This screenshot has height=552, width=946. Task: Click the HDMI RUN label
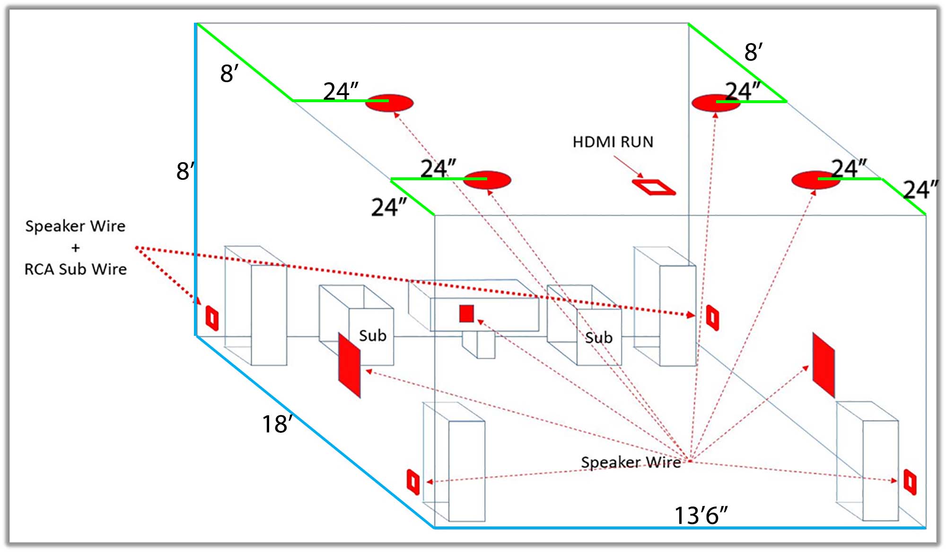click(x=613, y=142)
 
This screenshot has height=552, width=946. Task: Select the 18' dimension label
click(x=278, y=424)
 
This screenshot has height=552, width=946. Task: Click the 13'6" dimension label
click(x=701, y=515)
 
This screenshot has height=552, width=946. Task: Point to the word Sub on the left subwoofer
click(x=373, y=335)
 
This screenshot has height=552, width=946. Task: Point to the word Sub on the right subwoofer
click(x=599, y=337)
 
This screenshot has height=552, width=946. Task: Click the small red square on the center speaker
click(x=466, y=313)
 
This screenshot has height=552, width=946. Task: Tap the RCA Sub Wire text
click(x=76, y=269)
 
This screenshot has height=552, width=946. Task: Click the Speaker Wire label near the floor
click(x=631, y=462)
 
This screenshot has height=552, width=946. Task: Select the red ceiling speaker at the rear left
click(x=389, y=103)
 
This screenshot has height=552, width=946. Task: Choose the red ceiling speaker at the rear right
click(x=716, y=103)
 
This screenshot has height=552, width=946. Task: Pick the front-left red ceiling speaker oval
click(x=487, y=180)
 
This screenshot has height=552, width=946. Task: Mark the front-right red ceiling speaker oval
click(x=816, y=180)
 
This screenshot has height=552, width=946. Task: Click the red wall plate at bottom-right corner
click(x=910, y=482)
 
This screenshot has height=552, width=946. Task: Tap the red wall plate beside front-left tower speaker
click(x=413, y=482)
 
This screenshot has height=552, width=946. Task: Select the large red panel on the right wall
click(x=823, y=365)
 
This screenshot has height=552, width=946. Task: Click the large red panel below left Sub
click(x=349, y=365)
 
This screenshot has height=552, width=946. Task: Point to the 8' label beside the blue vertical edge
click(x=185, y=171)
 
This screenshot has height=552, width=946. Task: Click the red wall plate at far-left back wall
click(x=212, y=318)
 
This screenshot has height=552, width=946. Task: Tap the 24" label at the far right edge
click(x=920, y=190)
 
